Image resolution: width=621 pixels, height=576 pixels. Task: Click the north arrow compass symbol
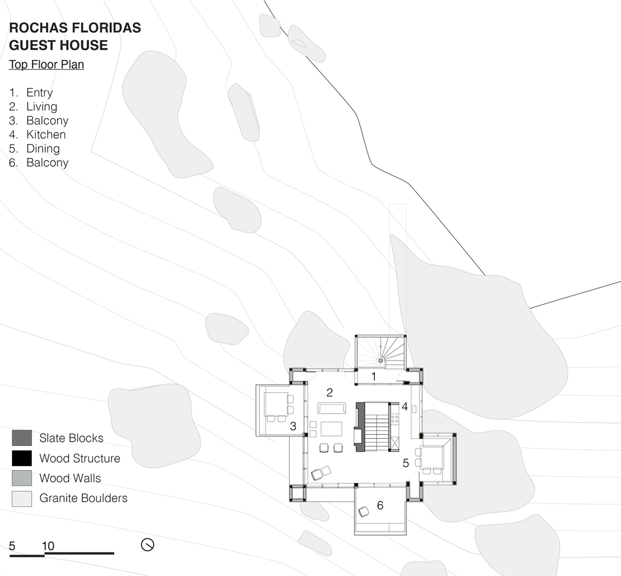coord(147,545)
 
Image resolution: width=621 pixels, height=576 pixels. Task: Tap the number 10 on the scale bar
coord(48,546)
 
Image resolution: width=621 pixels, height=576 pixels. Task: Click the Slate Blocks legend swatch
coord(22,438)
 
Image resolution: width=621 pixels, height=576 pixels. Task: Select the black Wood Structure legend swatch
coord(22,458)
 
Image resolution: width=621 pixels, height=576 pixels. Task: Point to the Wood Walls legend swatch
coord(22,478)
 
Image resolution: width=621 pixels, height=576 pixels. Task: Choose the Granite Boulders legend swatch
coord(22,498)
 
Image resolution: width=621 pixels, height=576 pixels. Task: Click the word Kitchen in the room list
coord(46,135)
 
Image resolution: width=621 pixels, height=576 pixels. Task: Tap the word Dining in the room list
coord(43,149)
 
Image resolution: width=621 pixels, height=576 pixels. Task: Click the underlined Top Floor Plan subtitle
coord(46,65)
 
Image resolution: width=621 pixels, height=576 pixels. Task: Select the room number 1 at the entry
coord(373,377)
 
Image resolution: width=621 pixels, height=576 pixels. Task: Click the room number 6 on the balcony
coord(380,506)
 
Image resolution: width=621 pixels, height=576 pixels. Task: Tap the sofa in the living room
coord(332,408)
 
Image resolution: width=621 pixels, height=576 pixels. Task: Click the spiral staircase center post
coord(381,361)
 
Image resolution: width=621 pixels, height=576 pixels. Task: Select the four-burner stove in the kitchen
coord(395,418)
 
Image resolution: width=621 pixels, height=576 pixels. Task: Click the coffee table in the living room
coord(331,429)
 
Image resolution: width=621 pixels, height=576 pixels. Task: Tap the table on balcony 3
coord(276,404)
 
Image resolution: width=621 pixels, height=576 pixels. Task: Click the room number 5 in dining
coord(406,463)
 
